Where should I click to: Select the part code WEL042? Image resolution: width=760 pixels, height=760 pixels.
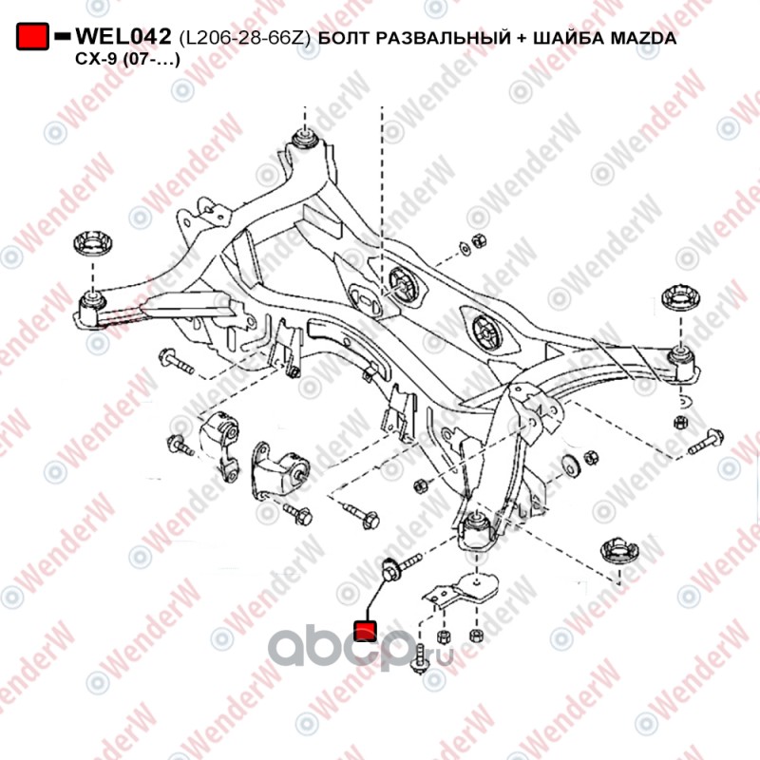(x=123, y=38)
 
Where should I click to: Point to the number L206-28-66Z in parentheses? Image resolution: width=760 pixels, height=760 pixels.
(x=244, y=40)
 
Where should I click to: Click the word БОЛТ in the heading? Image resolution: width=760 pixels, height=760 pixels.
(x=344, y=40)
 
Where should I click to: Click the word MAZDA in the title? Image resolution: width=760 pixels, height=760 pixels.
(x=645, y=40)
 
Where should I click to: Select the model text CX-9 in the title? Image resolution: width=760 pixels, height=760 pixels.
(x=94, y=59)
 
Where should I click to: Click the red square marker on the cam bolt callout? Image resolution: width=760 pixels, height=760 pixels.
(x=366, y=630)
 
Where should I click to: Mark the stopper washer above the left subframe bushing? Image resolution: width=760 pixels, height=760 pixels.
(x=93, y=243)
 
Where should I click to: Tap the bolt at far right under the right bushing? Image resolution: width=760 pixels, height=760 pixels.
(x=705, y=442)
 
